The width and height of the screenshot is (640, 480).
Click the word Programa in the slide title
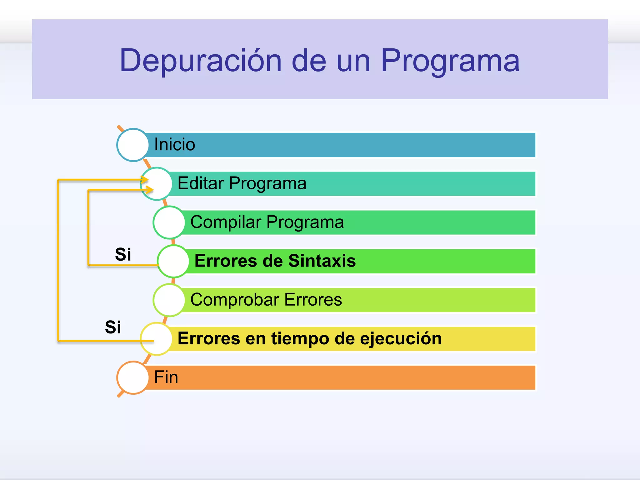(450, 61)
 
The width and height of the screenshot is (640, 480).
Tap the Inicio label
(174, 145)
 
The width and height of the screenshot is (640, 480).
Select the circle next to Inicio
(133, 145)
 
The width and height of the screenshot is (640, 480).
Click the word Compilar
(225, 222)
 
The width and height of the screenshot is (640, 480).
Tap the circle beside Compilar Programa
(169, 222)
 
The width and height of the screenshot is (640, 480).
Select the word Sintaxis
(322, 261)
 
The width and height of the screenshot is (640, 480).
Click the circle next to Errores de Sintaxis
(173, 261)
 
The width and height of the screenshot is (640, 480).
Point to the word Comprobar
(234, 300)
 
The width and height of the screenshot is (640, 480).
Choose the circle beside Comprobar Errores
(169, 300)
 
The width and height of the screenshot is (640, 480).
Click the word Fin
(166, 377)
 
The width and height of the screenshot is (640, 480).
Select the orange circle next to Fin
(133, 377)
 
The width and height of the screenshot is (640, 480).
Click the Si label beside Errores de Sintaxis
(123, 254)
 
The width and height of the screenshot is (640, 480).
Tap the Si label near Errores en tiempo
(113, 327)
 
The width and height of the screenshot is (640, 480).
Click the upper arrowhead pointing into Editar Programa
(145, 180)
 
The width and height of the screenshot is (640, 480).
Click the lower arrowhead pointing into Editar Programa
(150, 190)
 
